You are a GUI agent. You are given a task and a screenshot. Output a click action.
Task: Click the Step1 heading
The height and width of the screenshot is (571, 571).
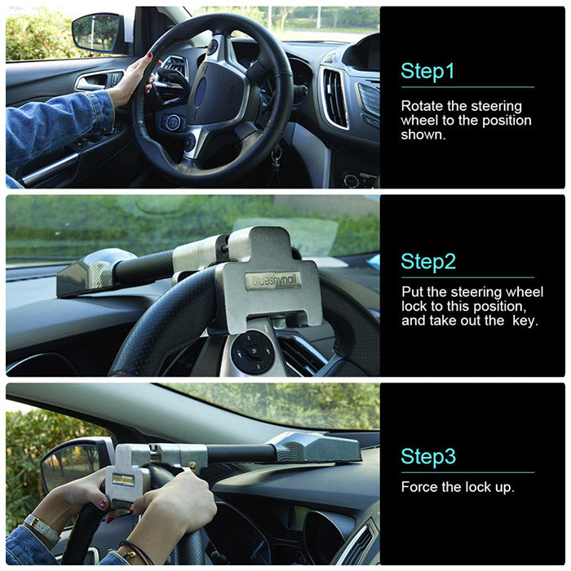[427, 71]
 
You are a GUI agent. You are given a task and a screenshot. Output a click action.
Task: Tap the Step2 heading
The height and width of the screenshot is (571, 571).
[427, 262]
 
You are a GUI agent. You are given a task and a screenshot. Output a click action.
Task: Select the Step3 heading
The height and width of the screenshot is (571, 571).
[427, 456]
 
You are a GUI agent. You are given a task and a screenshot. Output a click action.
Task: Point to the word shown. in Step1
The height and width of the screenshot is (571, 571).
[423, 135]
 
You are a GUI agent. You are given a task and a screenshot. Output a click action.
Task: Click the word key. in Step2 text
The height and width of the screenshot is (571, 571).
[520, 320]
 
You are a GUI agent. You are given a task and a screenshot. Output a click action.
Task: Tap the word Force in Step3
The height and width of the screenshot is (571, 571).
[418, 487]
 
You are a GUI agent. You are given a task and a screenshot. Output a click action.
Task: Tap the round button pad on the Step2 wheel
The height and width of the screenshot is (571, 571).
[252, 352]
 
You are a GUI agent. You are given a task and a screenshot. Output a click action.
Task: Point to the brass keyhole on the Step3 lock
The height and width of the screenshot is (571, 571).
[195, 467]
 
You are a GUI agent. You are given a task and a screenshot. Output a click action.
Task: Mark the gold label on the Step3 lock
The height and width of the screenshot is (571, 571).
[123, 479]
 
